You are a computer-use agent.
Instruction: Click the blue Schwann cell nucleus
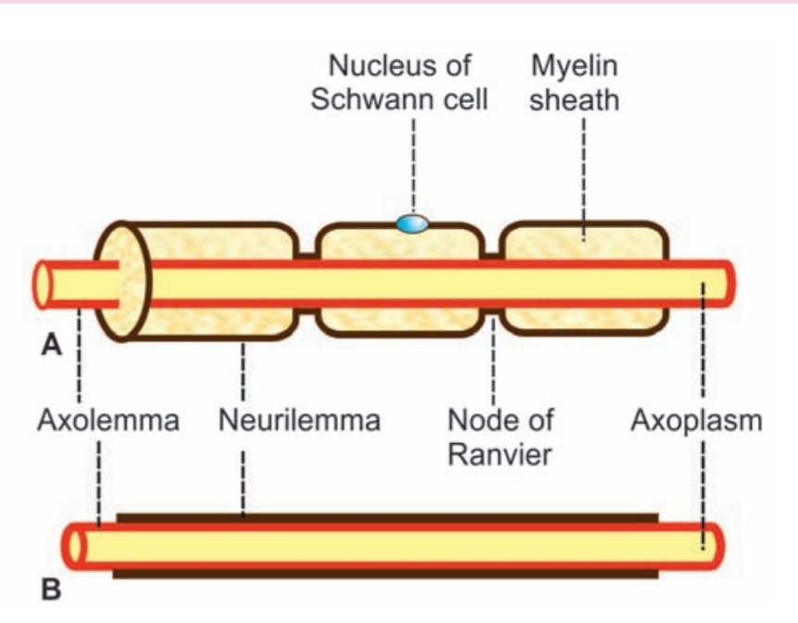pos(412,222)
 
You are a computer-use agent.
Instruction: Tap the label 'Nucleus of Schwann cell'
pos(399,83)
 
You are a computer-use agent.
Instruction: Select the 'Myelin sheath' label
pos(575,83)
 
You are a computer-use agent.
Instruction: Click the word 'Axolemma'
pos(108,420)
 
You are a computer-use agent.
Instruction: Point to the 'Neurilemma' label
pos(299,420)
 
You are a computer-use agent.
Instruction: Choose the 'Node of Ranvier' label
pos(500,437)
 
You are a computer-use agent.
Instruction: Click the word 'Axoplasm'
pos(697,420)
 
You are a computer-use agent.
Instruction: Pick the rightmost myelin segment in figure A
pos(584,246)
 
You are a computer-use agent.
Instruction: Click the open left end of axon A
pos(43,285)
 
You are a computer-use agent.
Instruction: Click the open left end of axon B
pos(73,546)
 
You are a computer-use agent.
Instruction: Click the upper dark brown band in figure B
pos(385,516)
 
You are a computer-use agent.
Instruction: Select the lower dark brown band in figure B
pos(385,574)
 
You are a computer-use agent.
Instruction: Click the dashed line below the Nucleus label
pos(412,162)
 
